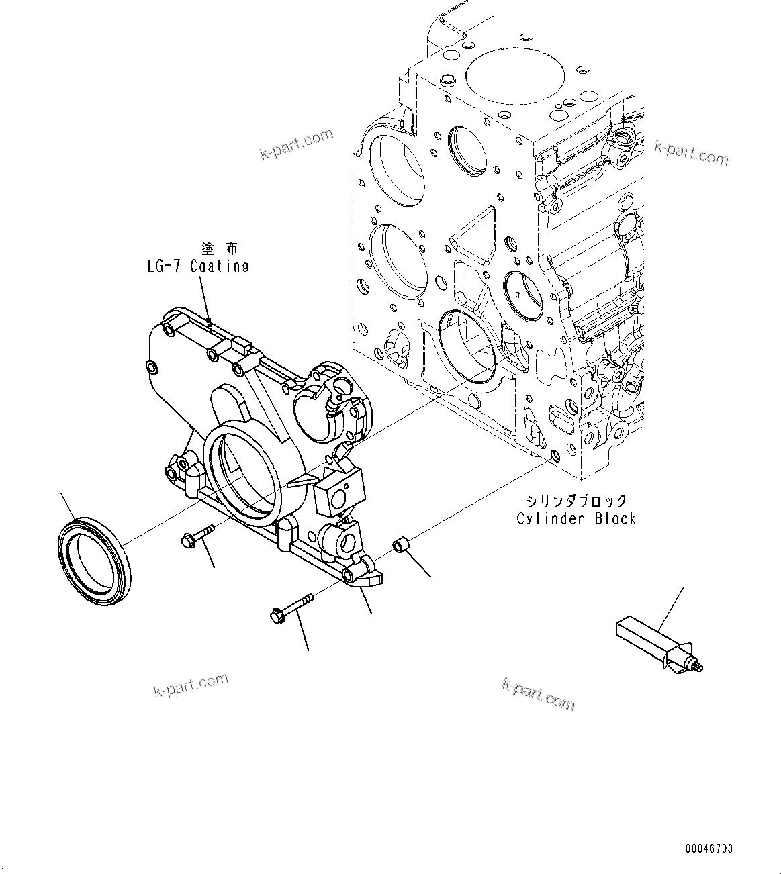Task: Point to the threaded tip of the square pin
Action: (x=696, y=667)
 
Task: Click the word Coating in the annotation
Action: (x=219, y=266)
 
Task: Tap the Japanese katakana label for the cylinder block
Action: (x=577, y=501)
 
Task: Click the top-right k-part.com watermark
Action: (x=691, y=153)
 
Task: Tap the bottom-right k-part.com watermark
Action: (x=539, y=694)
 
